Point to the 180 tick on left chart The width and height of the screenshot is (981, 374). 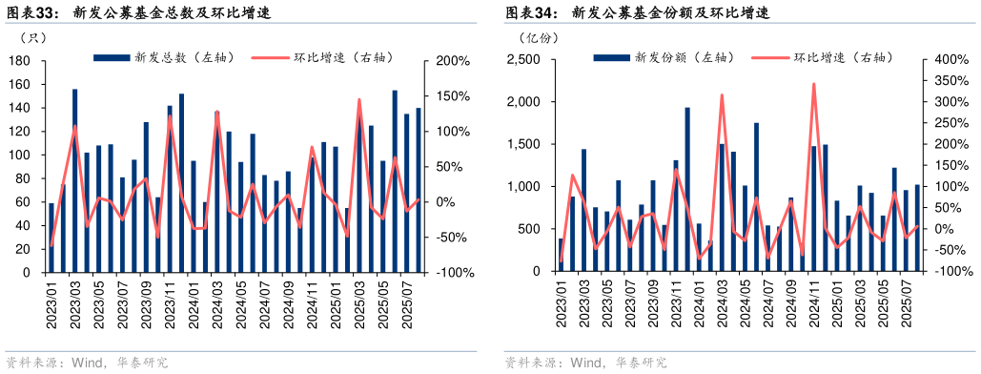click(x=19, y=61)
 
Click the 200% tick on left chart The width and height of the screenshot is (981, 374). click(x=451, y=61)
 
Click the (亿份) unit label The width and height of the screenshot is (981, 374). click(x=539, y=38)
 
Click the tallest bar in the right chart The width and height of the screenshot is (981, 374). click(x=687, y=189)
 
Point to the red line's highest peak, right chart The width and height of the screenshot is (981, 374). click(x=813, y=84)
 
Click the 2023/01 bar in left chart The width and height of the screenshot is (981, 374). click(x=51, y=238)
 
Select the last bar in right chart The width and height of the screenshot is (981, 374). click(x=918, y=228)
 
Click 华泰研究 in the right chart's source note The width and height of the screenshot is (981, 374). click(x=642, y=363)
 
